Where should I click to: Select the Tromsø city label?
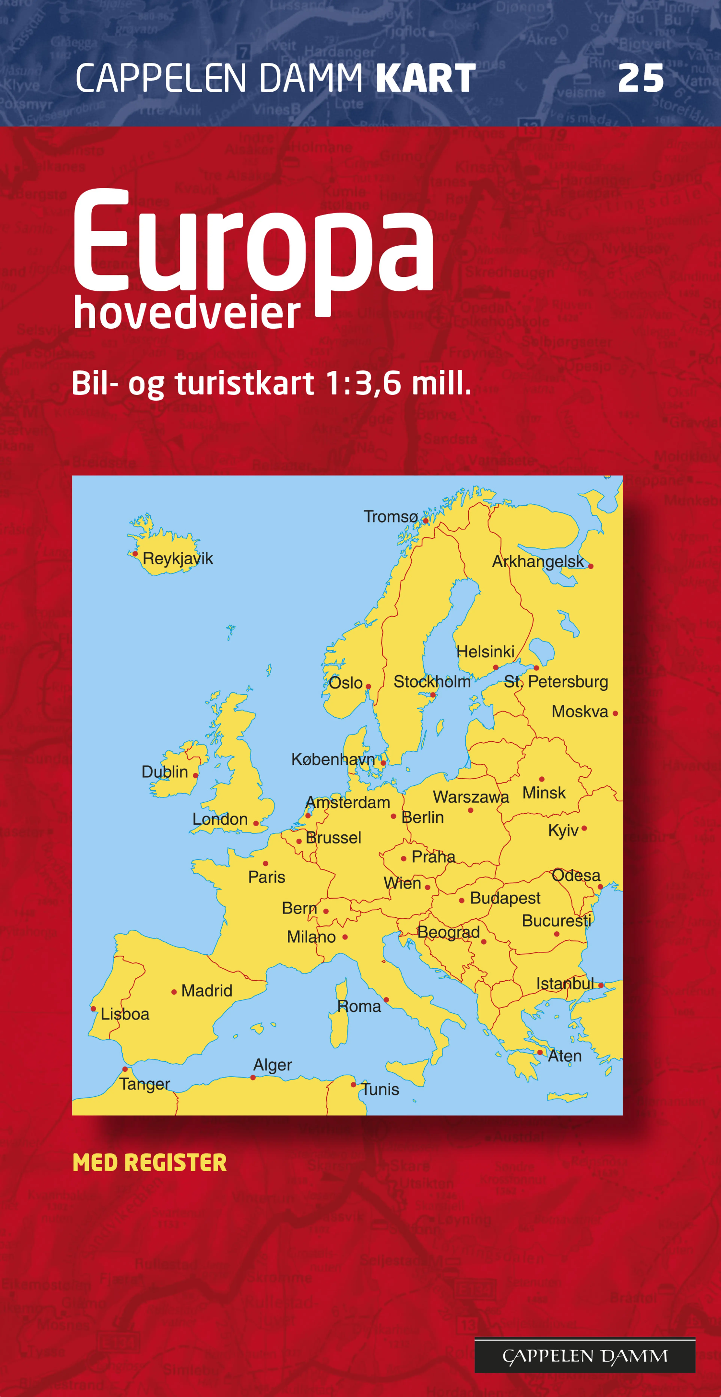pos(390,516)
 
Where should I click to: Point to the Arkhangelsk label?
pos(538,561)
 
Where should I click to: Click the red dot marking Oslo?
pos(368,686)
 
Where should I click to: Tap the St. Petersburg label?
pos(556,682)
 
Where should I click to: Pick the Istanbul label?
pos(565,983)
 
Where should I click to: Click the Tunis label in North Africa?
pos(380,1089)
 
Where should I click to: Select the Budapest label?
pos(505,898)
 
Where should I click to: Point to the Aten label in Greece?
pos(564,1056)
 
